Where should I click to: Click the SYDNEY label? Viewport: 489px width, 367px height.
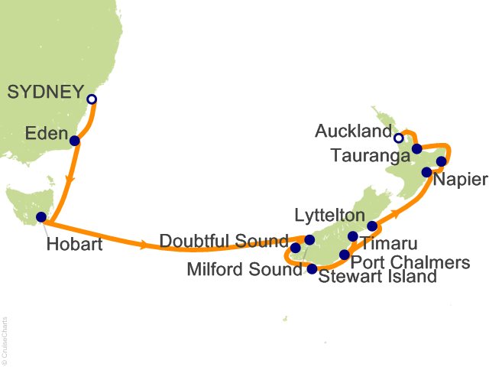click(x=44, y=93)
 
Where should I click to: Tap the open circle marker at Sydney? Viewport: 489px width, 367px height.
click(x=92, y=99)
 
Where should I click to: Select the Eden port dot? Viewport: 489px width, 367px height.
click(x=74, y=141)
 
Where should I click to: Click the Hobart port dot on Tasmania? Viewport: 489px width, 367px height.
click(x=41, y=217)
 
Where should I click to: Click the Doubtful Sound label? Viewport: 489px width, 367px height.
click(x=224, y=242)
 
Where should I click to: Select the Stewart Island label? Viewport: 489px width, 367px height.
click(x=377, y=277)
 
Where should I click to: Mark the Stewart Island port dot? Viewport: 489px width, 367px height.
click(x=311, y=268)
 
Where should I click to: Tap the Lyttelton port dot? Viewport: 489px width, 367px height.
click(x=372, y=226)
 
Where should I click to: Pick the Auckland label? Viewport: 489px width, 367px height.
click(x=353, y=132)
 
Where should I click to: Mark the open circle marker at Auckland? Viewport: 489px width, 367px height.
click(x=398, y=138)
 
